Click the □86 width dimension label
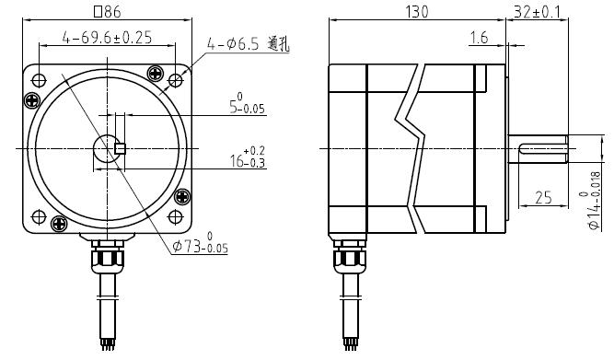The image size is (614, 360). coord(107,12)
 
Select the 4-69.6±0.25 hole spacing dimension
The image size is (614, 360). coord(107,37)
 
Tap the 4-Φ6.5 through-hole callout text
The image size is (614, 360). coord(249,44)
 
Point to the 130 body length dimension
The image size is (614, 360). coord(417,12)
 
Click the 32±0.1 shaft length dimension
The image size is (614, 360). coord(537,12)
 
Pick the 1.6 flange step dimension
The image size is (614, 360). coord(479,38)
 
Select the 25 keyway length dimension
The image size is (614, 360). coord(543,198)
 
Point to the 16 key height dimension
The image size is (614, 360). coord(248,158)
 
